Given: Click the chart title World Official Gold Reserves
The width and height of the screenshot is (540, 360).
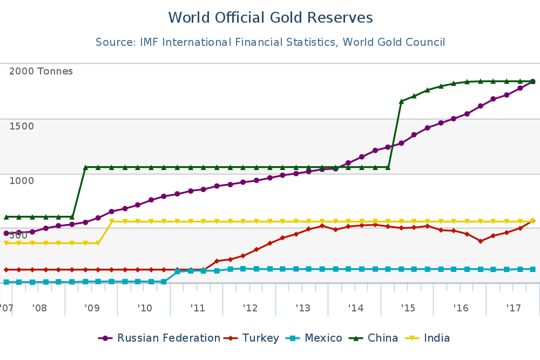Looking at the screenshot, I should point(270,18).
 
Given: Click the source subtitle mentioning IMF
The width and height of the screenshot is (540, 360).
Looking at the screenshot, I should point(270,42).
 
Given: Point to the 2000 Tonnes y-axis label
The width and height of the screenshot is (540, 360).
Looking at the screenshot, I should point(41,71).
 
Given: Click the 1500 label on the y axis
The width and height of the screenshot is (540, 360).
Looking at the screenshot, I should point(22,126).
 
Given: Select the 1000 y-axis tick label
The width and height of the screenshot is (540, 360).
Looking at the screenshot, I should point(22,180).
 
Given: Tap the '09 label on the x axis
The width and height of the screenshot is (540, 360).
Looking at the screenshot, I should point(92,308).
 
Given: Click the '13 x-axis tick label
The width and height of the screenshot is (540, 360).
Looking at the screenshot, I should point(303,308).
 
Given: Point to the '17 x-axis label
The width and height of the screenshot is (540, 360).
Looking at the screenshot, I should point(514,308).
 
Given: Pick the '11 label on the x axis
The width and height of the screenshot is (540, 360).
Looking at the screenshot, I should point(198,308).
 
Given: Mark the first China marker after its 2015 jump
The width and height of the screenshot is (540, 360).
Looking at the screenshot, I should point(401,101).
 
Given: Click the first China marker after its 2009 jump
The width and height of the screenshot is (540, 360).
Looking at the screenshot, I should point(85,167).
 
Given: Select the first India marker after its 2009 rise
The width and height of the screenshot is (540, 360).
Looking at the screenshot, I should point(111,221).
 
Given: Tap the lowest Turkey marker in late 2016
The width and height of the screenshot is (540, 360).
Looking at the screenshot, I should point(480,241).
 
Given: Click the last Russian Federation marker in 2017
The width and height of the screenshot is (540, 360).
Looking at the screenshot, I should point(533,81).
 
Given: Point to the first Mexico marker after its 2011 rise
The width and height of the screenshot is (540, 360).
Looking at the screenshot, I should point(178,271).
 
